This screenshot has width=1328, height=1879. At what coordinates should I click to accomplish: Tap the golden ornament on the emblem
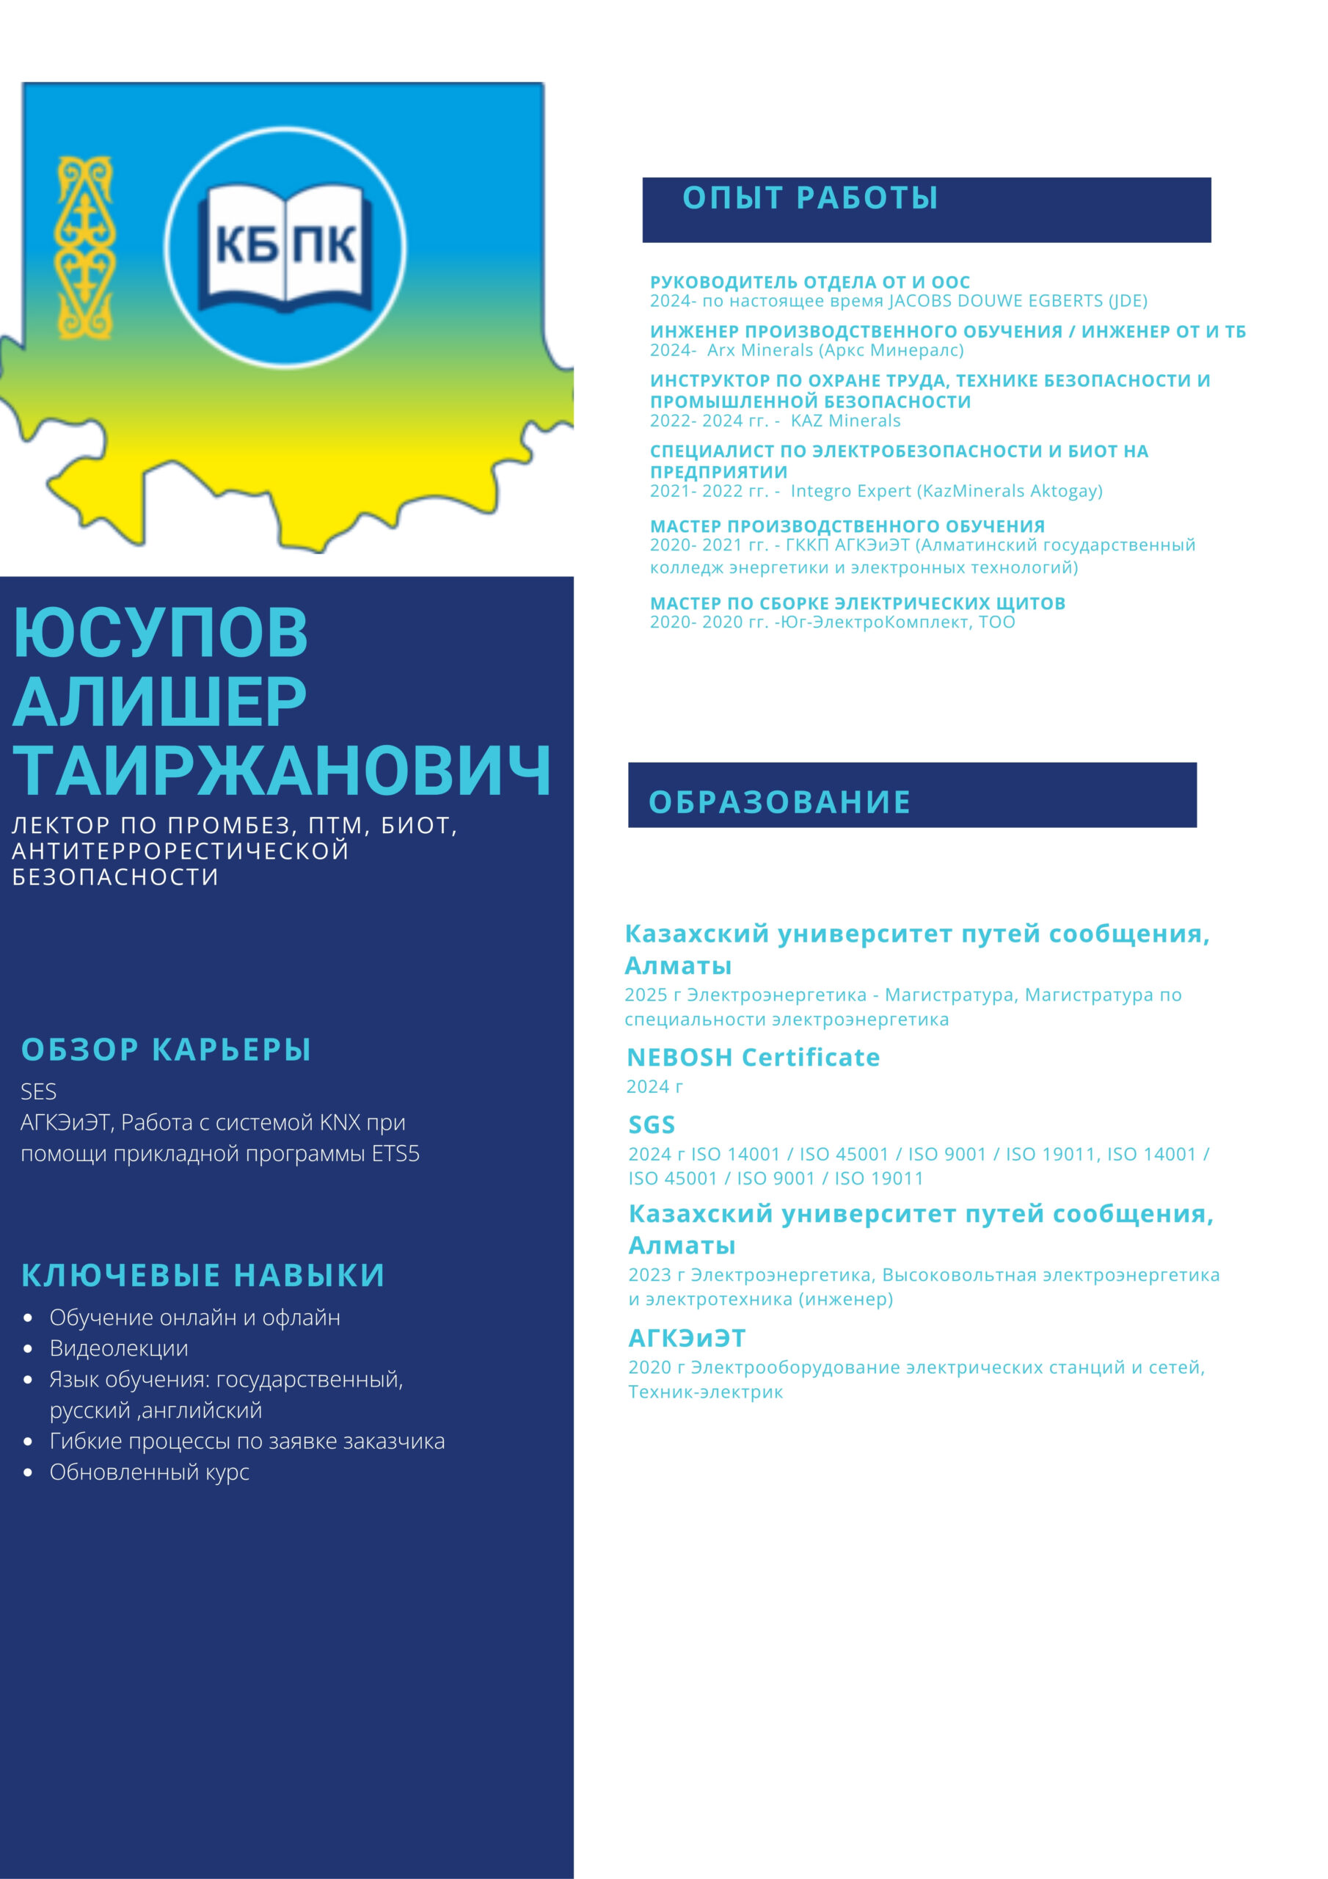(84, 247)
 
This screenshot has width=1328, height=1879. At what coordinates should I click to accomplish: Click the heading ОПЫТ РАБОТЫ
(810, 198)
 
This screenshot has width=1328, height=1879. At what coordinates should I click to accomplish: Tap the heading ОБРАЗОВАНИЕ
(779, 802)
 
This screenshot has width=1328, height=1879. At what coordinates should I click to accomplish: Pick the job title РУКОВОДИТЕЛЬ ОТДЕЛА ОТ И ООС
(810, 283)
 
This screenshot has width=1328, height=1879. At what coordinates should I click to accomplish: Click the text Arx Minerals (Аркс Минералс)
(836, 350)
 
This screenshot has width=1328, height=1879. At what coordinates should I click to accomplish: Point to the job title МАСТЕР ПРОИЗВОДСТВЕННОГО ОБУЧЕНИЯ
(847, 526)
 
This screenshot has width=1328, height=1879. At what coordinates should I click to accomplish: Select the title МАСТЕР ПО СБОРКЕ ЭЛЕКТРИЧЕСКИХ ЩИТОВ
(858, 603)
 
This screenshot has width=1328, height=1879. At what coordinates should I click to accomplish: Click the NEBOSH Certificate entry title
(753, 1058)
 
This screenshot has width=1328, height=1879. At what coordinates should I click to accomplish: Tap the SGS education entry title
(652, 1124)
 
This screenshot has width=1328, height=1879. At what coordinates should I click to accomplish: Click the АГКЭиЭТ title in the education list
(687, 1338)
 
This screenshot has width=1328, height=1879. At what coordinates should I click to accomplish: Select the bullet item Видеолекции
(119, 1348)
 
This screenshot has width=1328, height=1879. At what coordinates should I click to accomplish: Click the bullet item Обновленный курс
(149, 1472)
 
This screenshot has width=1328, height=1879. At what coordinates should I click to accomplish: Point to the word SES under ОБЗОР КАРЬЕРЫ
(38, 1091)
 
